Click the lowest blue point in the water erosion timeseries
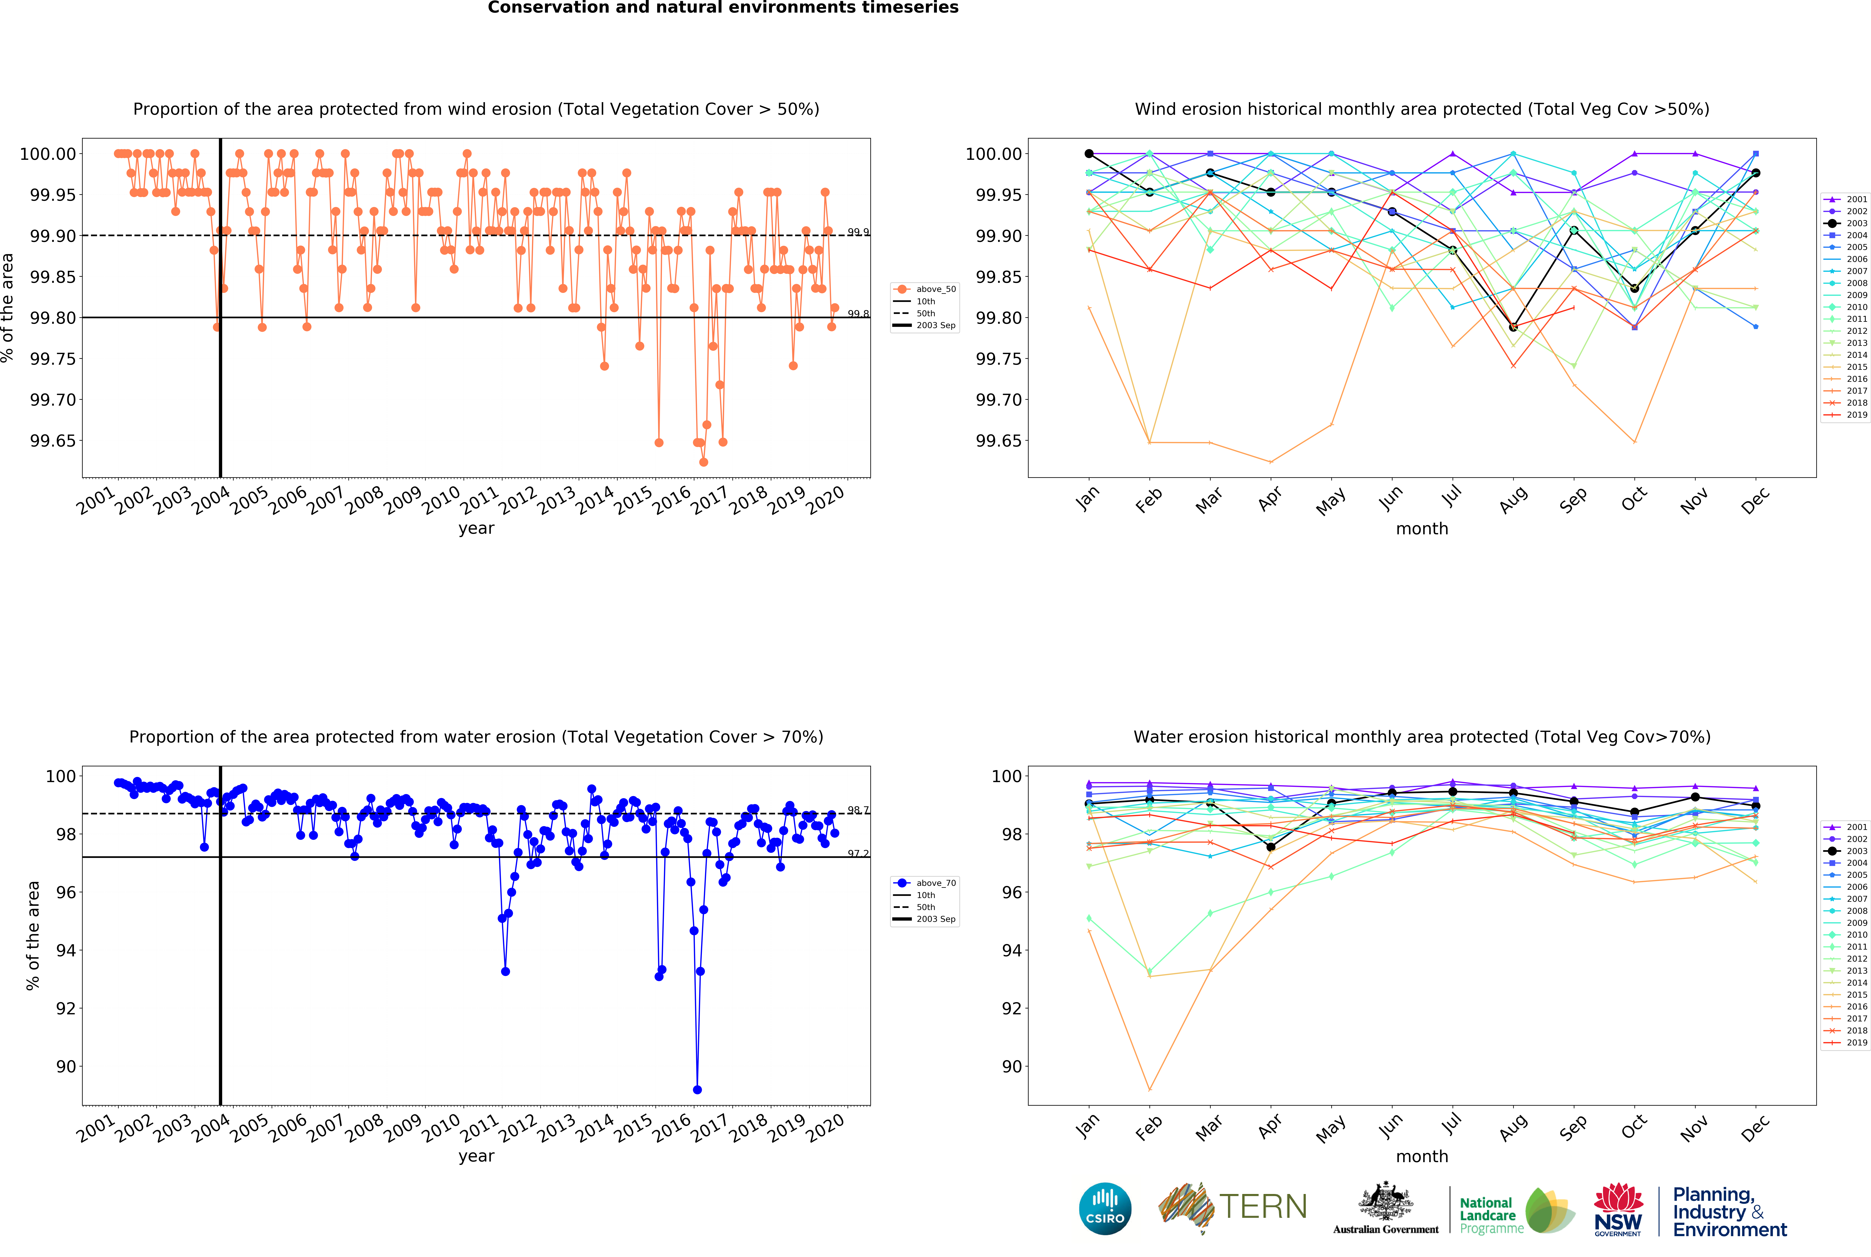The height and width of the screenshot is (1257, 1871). point(697,1090)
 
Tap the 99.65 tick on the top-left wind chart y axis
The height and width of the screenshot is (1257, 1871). point(53,441)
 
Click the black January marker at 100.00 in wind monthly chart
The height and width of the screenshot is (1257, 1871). point(1089,154)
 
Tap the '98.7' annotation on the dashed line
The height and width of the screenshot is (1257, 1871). point(858,810)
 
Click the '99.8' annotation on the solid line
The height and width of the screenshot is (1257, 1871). point(858,314)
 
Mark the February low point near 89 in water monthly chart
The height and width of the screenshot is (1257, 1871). point(1149,1090)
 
